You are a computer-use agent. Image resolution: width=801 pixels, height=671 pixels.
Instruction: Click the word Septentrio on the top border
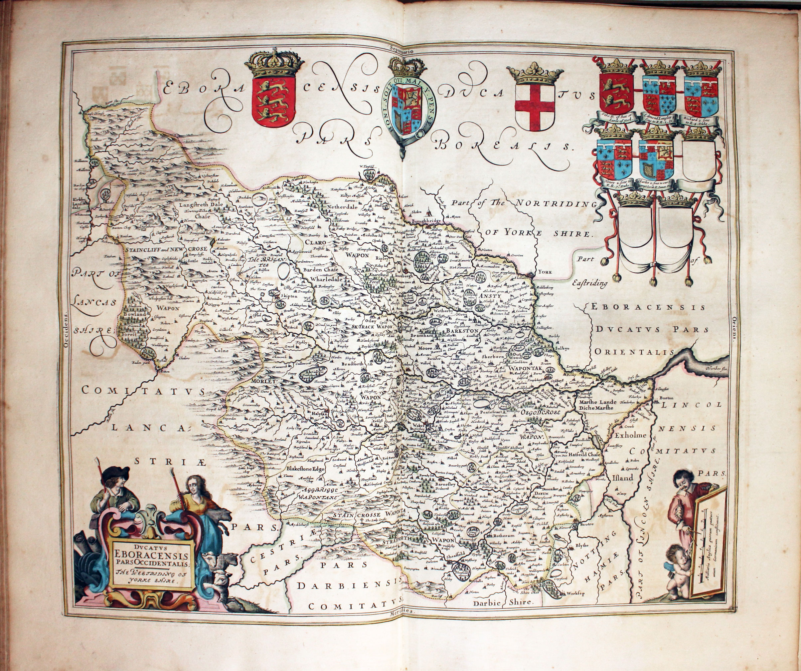(403, 49)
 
